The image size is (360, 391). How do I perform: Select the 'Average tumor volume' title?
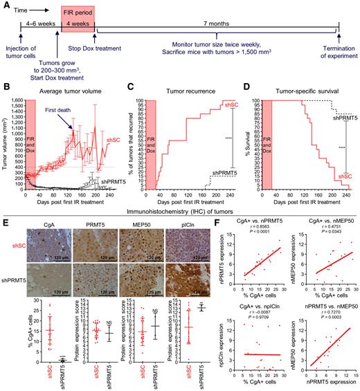pos(64,89)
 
